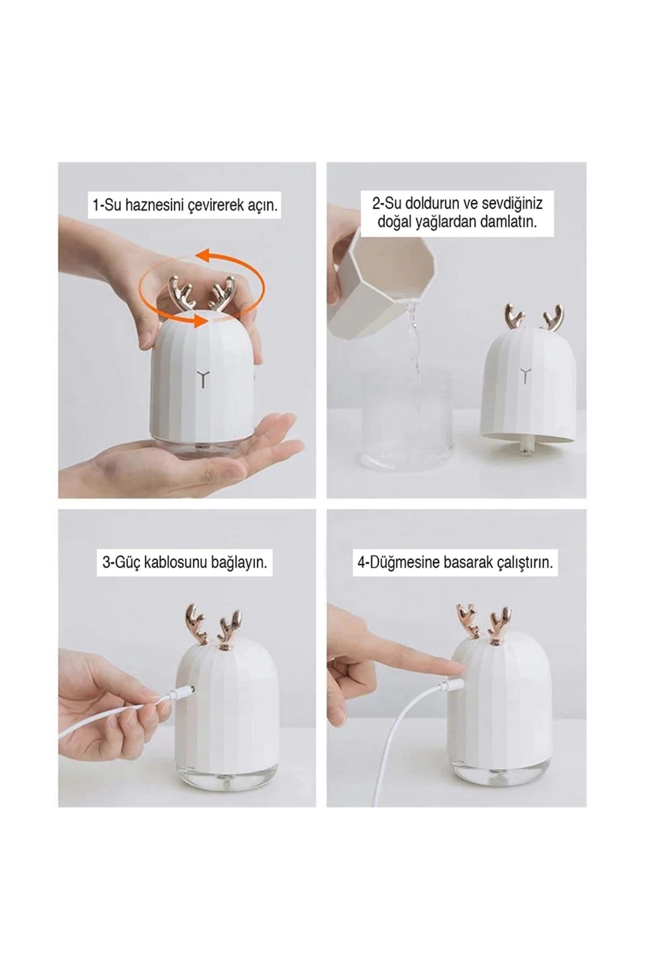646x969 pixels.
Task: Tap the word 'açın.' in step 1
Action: (x=262, y=206)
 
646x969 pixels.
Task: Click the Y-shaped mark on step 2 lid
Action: (x=524, y=375)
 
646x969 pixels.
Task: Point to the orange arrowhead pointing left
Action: (x=201, y=253)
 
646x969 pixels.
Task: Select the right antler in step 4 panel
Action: (x=500, y=624)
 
